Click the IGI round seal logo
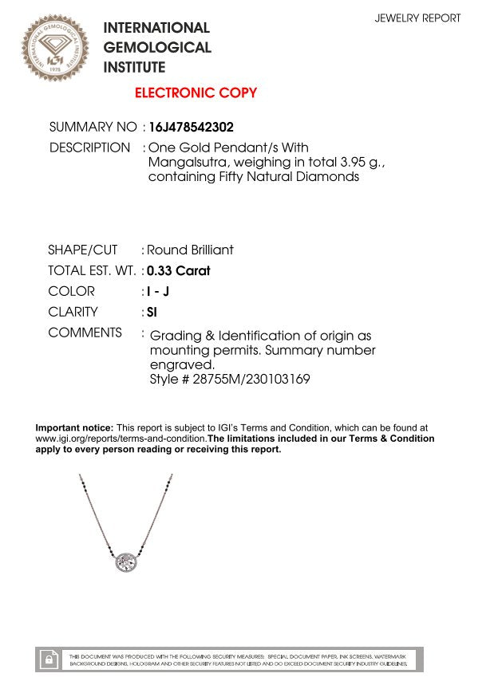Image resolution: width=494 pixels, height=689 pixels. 56,48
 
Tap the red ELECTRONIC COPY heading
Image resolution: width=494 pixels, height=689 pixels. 196,93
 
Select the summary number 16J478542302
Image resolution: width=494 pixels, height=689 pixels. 191,127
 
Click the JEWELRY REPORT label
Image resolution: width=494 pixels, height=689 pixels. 417,18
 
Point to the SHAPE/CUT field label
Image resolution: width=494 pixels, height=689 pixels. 82,250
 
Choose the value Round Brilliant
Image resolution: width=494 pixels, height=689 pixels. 190,250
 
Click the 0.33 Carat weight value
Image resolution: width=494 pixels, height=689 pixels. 178,270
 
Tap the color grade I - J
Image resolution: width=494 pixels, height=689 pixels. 158,291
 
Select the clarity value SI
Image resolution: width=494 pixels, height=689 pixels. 152,312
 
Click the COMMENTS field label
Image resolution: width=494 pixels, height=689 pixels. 85,333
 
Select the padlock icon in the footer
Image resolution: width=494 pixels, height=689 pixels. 49,659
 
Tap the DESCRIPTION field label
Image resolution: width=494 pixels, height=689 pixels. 89,148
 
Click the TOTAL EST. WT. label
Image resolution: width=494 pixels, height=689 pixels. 92,270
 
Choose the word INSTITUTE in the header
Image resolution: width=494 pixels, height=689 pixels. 135,68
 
